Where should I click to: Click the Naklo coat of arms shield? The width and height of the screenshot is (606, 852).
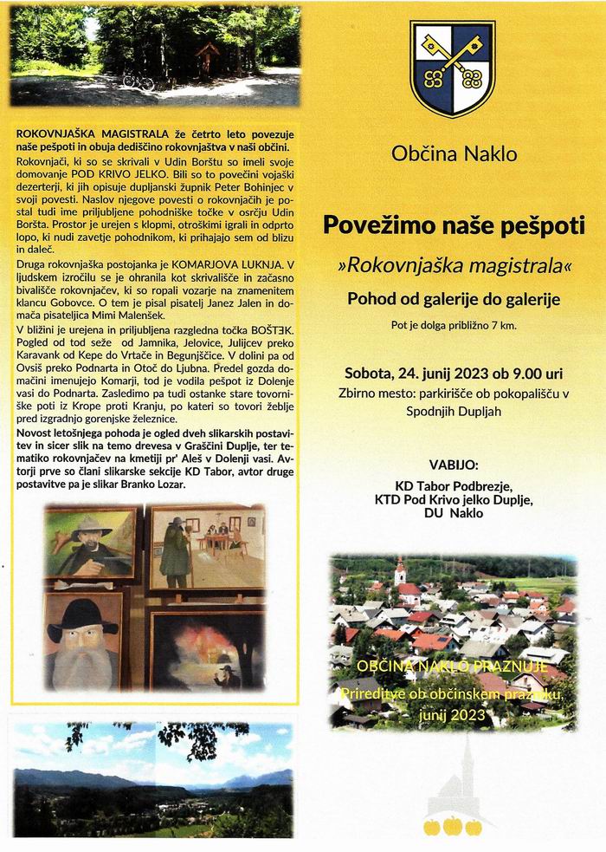coord(452,68)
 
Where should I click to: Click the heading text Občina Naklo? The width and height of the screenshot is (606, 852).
coord(454,155)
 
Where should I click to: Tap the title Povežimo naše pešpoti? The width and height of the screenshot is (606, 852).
coord(455,224)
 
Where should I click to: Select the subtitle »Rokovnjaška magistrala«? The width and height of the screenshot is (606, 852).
coord(455,263)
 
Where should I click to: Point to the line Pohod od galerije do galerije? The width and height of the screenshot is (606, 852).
coord(454,300)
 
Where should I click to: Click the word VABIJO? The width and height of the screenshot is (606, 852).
coord(454,465)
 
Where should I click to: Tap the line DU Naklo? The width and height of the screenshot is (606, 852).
coord(454,514)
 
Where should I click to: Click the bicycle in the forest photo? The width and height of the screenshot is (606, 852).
coord(138,81)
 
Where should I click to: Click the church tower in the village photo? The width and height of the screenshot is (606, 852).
coord(399,572)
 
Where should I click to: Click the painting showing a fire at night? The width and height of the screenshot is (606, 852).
coord(208,651)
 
